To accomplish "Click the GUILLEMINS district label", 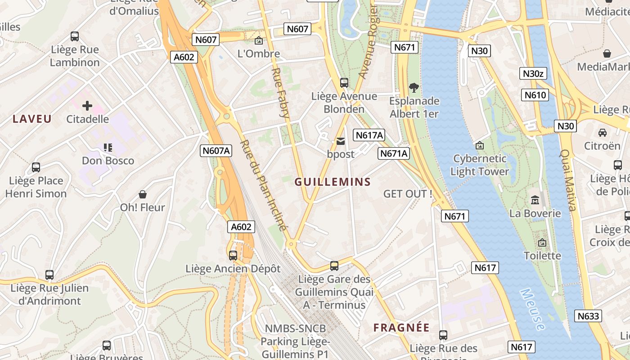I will (x=333, y=182).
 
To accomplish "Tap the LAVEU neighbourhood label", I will (x=32, y=119).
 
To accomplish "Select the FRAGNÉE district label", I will (x=401, y=328).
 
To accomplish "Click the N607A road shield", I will (x=216, y=151).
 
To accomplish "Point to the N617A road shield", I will (x=369, y=135).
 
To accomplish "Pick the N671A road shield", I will (x=394, y=153).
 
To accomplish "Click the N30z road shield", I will (x=533, y=74).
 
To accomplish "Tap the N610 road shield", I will (x=535, y=95).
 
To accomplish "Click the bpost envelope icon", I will (x=341, y=141).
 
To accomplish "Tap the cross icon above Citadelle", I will (x=87, y=106).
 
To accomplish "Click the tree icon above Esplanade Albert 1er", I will (x=414, y=87).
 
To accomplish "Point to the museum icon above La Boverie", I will (x=535, y=200).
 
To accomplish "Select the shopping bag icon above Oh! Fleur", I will (x=143, y=194).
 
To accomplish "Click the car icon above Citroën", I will (x=602, y=133).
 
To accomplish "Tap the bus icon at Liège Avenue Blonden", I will (x=344, y=83).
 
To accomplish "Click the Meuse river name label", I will (x=532, y=310).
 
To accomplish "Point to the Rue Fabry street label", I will (x=280, y=92).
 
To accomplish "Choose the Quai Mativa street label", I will (x=568, y=180).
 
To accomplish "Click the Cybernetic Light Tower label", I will (x=479, y=165).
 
